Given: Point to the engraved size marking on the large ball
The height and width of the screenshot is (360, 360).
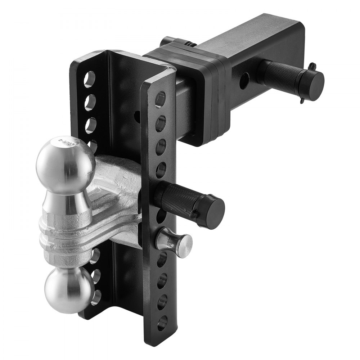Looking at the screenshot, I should click(x=72, y=142).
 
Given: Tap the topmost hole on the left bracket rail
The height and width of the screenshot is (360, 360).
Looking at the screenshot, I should click(x=90, y=79).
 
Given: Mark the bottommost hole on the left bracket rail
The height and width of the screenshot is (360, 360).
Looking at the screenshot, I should click(x=96, y=297).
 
